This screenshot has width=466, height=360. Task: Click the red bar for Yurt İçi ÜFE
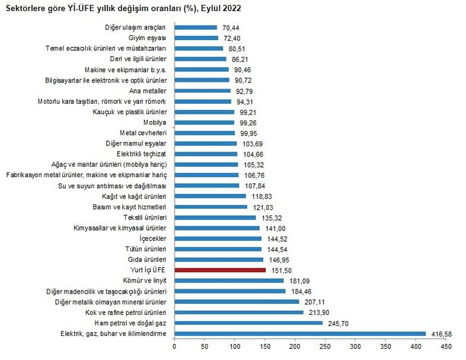pos(220,270)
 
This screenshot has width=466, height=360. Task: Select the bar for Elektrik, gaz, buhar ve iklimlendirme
pos(300,334)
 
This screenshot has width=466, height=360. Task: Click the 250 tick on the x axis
pos(325,345)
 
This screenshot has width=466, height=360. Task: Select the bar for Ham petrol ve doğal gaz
pos(249,323)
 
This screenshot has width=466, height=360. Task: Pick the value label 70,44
pos(231,27)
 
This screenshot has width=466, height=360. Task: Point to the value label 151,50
pos(279,270)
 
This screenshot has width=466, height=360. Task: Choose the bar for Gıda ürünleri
pos(219,260)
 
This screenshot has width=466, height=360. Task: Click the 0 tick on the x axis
pos(174,345)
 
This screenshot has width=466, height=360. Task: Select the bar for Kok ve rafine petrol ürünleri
pos(239,312)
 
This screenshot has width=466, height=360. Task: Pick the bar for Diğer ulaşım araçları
pos(195,27)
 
